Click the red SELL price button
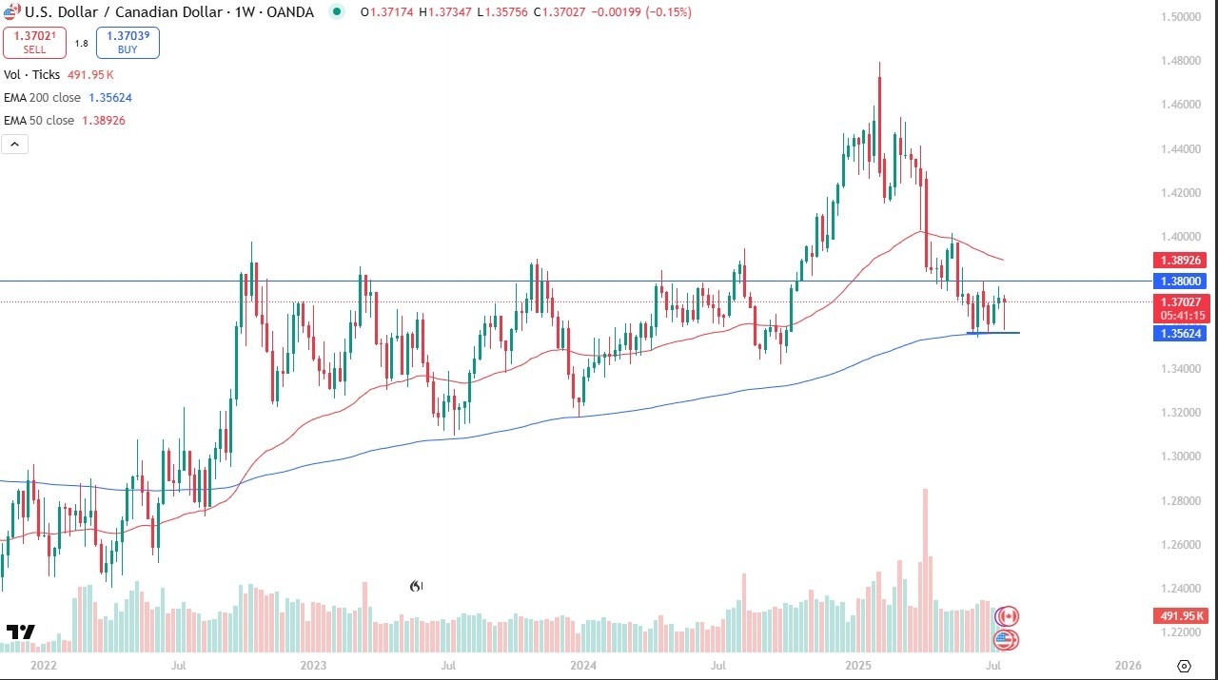(34, 43)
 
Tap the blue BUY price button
(128, 43)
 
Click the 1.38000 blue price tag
(1181, 282)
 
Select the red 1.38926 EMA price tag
(1181, 260)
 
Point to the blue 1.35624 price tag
(1181, 334)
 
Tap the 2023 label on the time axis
(313, 666)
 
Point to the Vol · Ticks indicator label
(31, 74)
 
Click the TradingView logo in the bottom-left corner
(20, 632)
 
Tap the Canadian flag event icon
(1007, 616)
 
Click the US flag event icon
(1007, 640)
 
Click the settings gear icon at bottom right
(1184, 666)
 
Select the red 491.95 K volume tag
(1180, 615)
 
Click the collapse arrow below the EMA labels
(15, 145)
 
